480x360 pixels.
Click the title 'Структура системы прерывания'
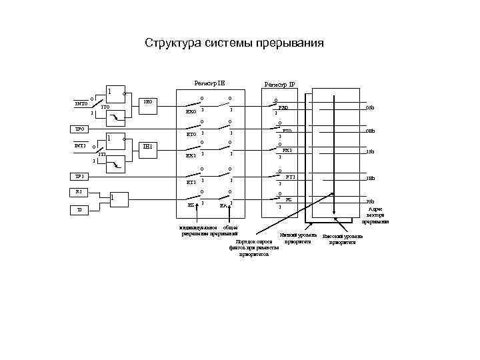[x=234, y=44]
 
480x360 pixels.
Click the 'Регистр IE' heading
[x=209, y=83]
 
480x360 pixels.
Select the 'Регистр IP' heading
[x=279, y=85]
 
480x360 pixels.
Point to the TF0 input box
[x=79, y=129]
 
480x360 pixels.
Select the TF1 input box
[x=79, y=177]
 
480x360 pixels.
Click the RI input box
[x=79, y=192]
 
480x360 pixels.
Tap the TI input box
[x=79, y=209]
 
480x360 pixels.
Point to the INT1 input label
[x=80, y=145]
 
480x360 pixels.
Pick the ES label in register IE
[x=191, y=205]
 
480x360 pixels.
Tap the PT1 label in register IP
[x=290, y=177]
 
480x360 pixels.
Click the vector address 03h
[x=370, y=107]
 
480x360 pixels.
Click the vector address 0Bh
[x=370, y=131]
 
